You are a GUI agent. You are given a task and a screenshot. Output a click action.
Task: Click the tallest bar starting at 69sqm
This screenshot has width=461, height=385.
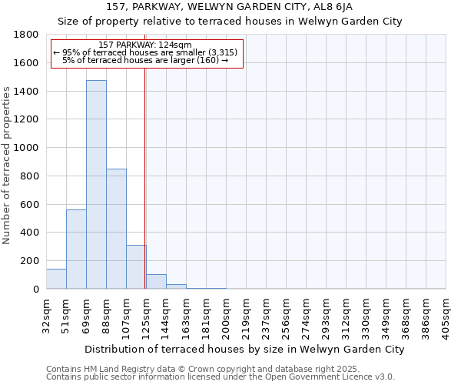click(96, 185)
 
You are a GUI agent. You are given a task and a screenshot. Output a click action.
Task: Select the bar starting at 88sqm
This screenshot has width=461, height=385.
click(116, 229)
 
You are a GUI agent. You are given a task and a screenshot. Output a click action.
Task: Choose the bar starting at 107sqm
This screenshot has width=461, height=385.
click(136, 266)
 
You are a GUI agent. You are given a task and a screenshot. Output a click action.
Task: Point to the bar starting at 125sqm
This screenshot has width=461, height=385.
click(156, 282)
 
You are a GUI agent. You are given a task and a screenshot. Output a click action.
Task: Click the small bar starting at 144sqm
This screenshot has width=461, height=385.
click(176, 286)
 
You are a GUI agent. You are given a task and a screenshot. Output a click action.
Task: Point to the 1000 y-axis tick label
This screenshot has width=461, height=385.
click(26, 148)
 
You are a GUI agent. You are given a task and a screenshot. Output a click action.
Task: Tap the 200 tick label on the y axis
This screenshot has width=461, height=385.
click(31, 261)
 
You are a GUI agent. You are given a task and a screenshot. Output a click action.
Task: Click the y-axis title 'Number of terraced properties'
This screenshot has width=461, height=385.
click(8, 166)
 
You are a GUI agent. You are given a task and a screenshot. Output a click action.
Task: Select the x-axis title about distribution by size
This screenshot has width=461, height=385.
click(244, 349)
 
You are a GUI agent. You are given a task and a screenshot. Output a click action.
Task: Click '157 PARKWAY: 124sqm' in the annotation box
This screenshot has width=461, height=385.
click(146, 45)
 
